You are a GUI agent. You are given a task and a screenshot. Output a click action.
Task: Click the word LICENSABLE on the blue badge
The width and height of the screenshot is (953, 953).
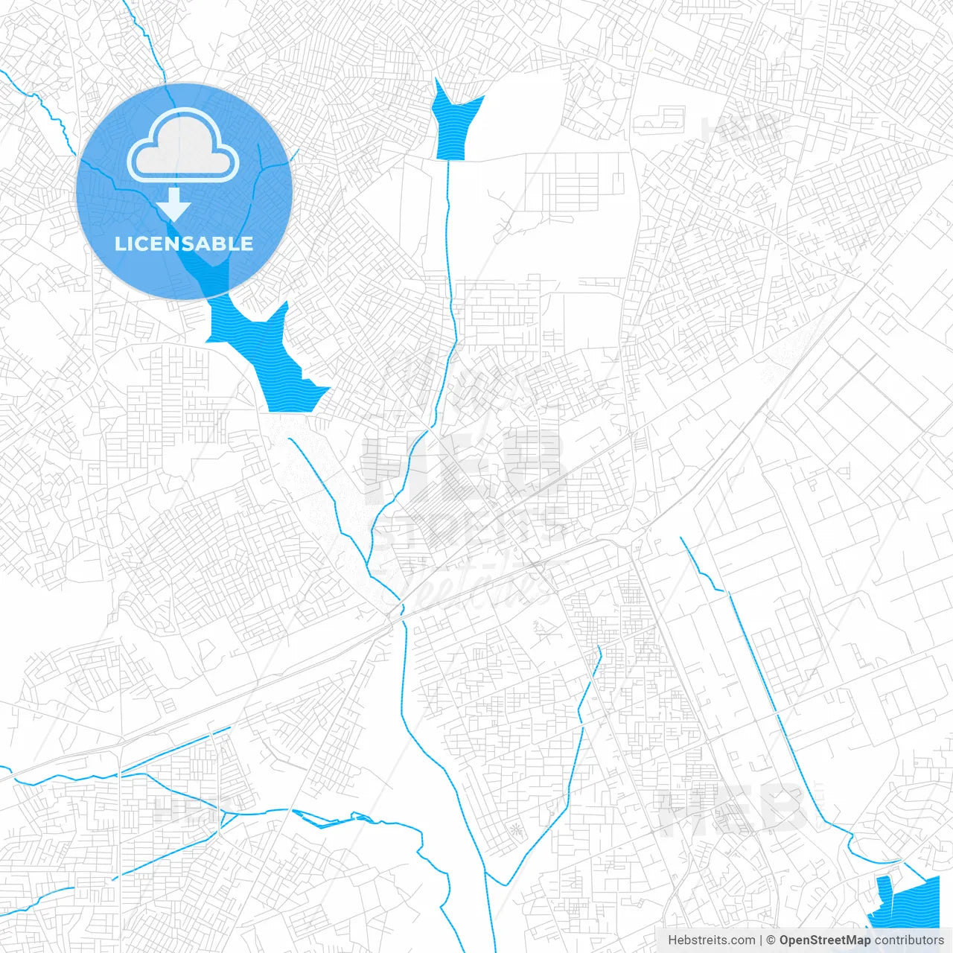click(x=184, y=243)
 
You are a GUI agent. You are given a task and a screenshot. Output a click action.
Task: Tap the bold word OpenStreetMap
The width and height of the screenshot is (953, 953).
click(x=824, y=940)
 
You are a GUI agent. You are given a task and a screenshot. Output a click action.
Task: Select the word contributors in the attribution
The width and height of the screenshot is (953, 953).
click(x=909, y=940)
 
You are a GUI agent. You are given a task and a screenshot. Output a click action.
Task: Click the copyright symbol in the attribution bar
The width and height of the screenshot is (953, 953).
click(x=771, y=940)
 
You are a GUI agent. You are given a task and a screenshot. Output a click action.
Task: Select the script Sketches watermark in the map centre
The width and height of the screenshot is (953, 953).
click(x=476, y=581)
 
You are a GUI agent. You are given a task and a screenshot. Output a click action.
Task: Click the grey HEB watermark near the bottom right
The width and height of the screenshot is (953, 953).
click(x=730, y=812)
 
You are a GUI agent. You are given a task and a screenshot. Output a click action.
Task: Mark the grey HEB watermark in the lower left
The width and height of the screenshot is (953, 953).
click(x=186, y=808)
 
